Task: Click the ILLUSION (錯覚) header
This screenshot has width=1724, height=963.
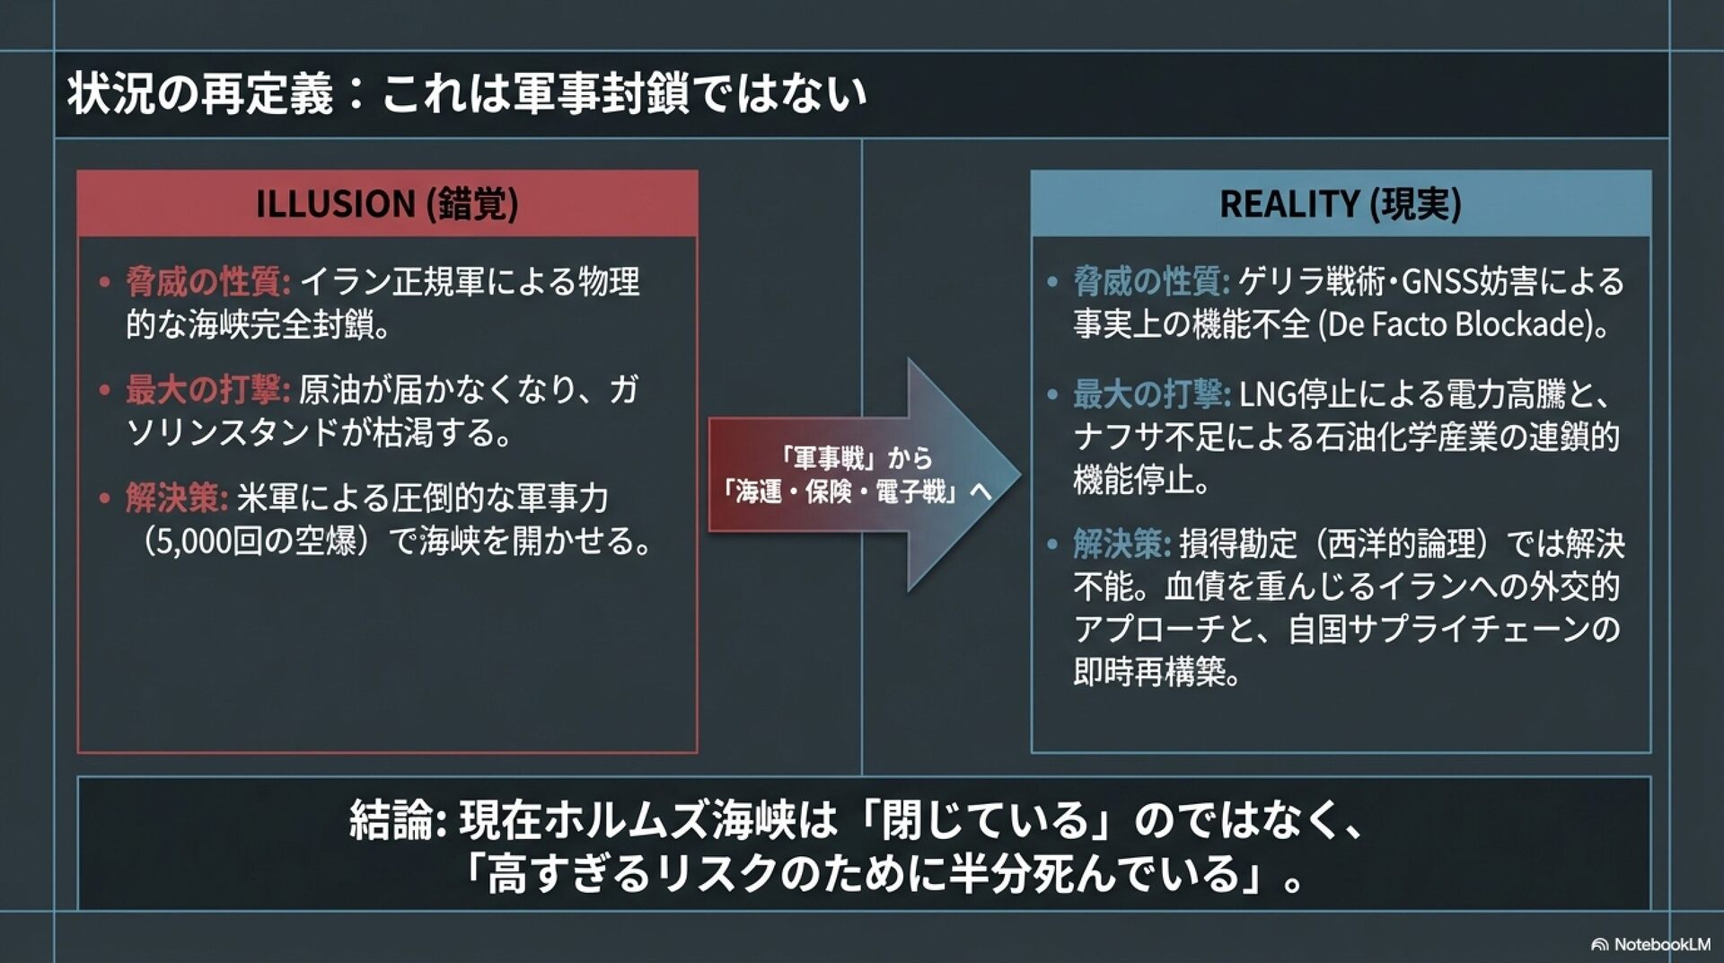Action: pyautogui.click(x=387, y=204)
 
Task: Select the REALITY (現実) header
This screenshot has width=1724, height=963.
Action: pyautogui.click(x=1340, y=204)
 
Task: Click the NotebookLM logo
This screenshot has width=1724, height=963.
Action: pyautogui.click(x=1651, y=944)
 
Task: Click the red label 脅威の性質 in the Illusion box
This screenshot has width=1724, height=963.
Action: pyautogui.click(x=207, y=282)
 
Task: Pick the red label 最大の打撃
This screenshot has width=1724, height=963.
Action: pyautogui.click(x=207, y=390)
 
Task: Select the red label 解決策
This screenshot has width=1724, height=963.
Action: pyautogui.click(x=176, y=498)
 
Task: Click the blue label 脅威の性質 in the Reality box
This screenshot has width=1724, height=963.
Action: pyautogui.click(x=1151, y=282)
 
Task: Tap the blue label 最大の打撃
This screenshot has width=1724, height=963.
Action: pyautogui.click(x=1151, y=393)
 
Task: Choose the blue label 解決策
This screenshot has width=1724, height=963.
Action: pyautogui.click(x=1121, y=543)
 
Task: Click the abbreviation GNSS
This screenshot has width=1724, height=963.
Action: pyautogui.click(x=1439, y=282)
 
